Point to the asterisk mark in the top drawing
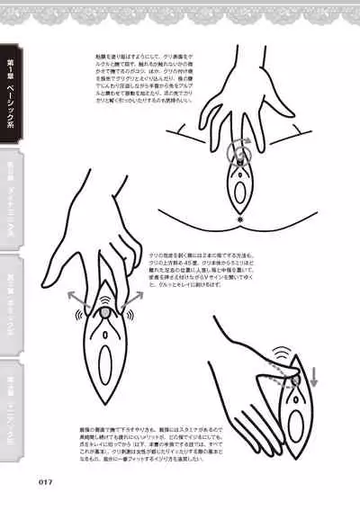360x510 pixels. [240, 219]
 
